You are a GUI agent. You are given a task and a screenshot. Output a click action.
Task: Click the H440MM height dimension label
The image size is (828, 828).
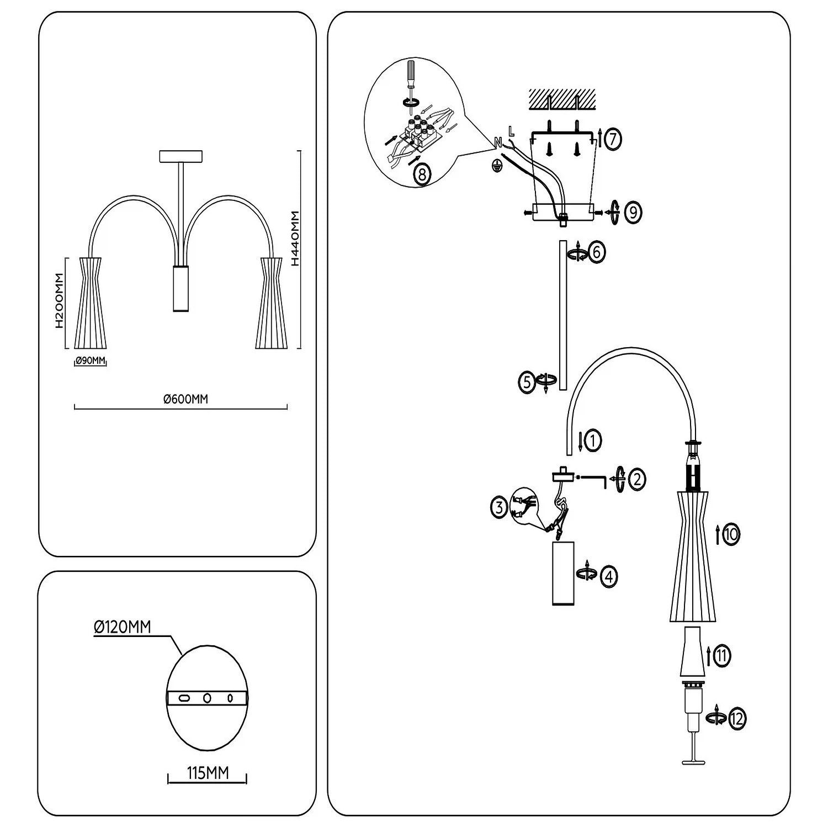click(x=295, y=238)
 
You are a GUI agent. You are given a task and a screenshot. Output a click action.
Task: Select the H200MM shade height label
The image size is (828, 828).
click(x=60, y=301)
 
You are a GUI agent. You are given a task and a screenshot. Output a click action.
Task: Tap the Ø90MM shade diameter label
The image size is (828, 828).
click(x=90, y=361)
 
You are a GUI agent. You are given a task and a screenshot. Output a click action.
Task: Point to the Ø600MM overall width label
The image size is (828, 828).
click(x=186, y=399)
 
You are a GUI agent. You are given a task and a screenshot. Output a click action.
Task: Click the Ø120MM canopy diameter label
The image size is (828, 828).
click(x=123, y=627)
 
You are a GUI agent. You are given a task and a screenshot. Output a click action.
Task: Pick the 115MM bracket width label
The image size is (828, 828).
click(x=208, y=773)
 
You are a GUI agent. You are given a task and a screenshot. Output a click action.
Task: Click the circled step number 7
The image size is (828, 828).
click(x=612, y=139)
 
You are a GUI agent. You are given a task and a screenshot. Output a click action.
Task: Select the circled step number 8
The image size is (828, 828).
click(x=422, y=175)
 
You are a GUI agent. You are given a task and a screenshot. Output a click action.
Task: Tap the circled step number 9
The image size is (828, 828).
click(x=633, y=213)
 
